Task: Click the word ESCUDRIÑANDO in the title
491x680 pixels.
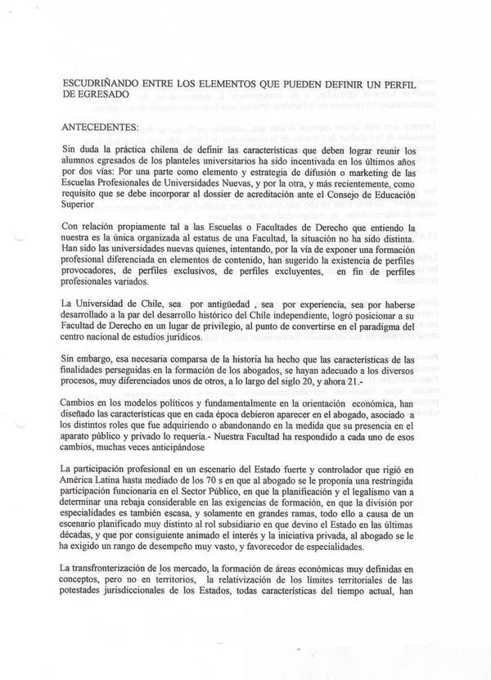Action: (101, 83)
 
